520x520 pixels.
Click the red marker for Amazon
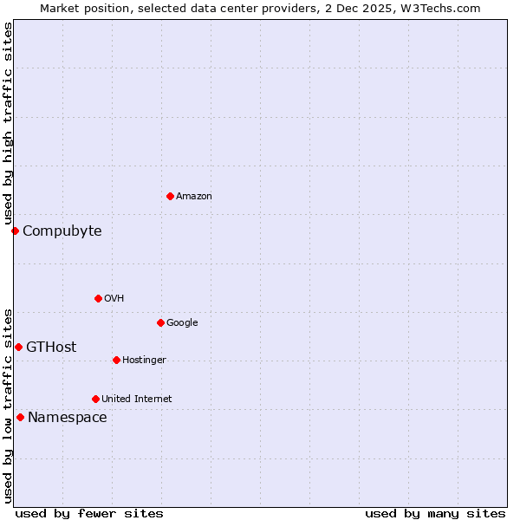click(170, 196)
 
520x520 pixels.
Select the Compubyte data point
click(15, 231)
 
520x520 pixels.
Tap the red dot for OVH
click(98, 298)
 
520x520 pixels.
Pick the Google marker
click(160, 322)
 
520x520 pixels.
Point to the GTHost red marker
click(18, 347)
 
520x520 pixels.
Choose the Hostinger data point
click(116, 360)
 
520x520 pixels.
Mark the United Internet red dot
click(95, 399)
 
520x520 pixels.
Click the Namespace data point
click(20, 417)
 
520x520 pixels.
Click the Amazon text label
click(194, 196)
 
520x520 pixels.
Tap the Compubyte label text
click(62, 231)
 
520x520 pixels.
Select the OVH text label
click(114, 298)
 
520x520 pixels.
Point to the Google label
click(182, 322)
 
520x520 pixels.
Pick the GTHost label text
click(51, 347)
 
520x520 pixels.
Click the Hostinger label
click(144, 360)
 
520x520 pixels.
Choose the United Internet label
click(137, 399)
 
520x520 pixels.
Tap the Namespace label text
click(68, 417)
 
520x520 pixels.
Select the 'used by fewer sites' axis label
click(89, 513)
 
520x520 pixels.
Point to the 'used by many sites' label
click(435, 513)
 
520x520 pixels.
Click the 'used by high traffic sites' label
click(8, 124)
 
